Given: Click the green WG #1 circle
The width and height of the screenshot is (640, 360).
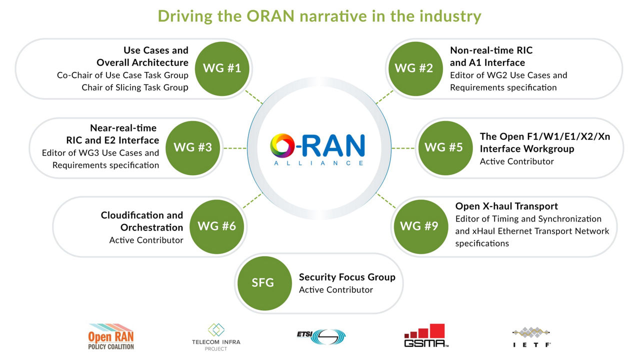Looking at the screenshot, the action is click(222, 68).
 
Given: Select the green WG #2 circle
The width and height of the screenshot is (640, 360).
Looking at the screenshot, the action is click(415, 68).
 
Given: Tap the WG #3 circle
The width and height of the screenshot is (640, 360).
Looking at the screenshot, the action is click(193, 147).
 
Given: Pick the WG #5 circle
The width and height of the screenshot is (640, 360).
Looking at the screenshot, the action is click(445, 147).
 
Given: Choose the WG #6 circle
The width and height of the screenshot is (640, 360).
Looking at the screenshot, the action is click(217, 226).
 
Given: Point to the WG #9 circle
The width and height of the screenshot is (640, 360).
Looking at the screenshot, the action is click(421, 226).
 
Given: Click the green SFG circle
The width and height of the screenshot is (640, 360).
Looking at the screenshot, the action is click(264, 283).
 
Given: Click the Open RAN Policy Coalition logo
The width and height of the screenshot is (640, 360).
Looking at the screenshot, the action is click(111, 336).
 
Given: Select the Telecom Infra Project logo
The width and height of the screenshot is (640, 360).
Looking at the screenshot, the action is click(216, 337).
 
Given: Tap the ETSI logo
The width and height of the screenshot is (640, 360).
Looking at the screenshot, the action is click(321, 336).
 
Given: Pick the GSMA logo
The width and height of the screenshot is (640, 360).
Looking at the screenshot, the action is click(426, 335).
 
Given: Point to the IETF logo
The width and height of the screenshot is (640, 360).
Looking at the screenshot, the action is click(531, 337).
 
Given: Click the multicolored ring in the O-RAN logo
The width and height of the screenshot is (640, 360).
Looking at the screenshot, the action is click(282, 145).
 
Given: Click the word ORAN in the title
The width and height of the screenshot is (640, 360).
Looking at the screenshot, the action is click(270, 16).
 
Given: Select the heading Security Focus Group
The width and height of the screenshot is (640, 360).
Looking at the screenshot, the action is click(347, 277).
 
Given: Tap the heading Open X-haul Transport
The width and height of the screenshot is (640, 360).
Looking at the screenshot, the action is click(506, 206).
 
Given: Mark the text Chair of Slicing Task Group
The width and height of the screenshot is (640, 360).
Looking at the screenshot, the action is click(135, 87).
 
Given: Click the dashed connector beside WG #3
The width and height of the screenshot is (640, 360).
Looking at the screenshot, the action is click(235, 148).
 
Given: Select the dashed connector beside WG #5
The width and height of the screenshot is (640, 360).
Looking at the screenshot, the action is click(403, 148).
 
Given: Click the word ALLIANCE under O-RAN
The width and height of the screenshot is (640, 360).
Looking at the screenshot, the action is click(318, 163).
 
